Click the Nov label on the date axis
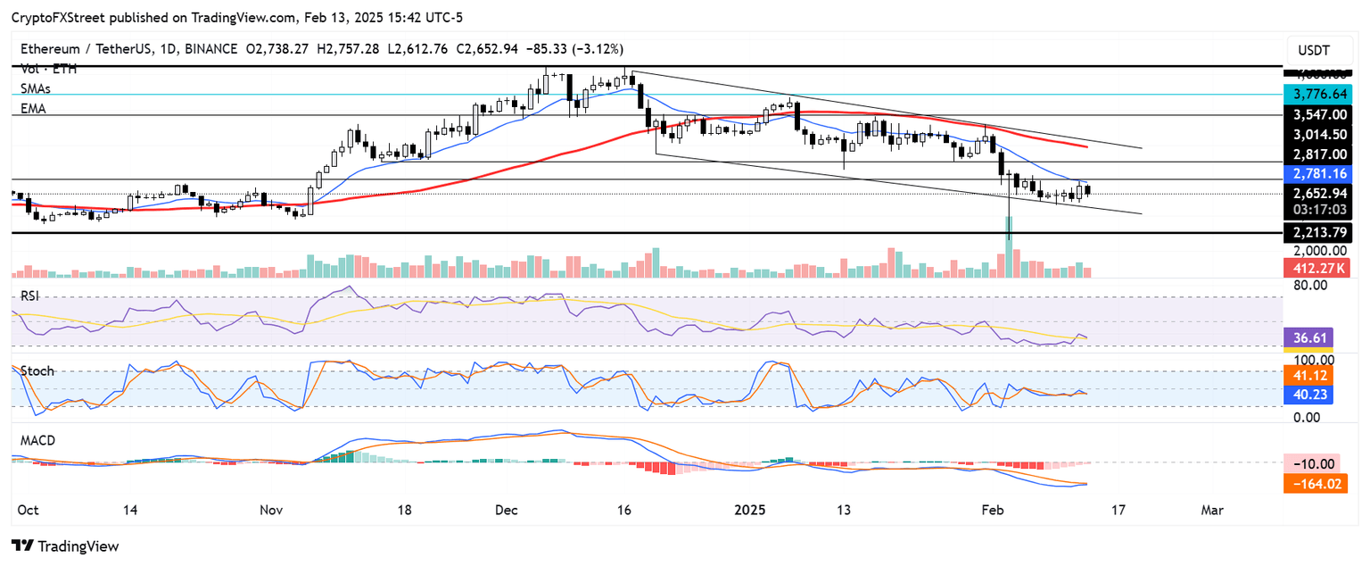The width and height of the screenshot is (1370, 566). [271, 509]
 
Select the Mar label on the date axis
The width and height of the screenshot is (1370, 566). [1211, 509]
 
